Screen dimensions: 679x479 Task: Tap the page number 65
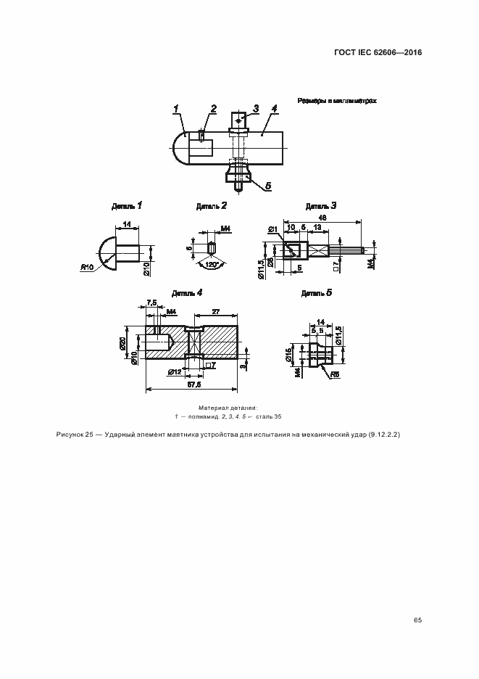tap(417, 620)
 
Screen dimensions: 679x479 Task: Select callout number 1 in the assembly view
tap(176, 110)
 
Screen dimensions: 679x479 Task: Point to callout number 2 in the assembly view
tap(213, 109)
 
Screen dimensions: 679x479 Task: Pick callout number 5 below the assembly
tap(267, 186)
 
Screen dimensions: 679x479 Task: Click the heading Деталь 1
tap(127, 206)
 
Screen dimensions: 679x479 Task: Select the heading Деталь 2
tap(212, 206)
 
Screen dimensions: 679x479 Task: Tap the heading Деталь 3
tap(321, 206)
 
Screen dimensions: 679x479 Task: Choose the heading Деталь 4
tap(187, 293)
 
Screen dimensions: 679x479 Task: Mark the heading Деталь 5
tap(317, 293)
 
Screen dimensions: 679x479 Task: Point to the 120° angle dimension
tap(212, 266)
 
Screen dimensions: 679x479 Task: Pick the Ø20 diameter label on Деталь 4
tap(123, 342)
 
